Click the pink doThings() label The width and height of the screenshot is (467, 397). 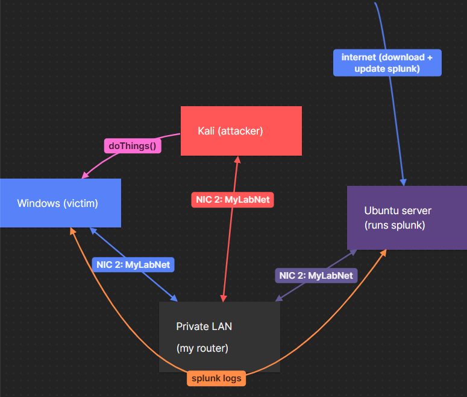coord(133,145)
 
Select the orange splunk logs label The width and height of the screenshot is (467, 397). coord(217,379)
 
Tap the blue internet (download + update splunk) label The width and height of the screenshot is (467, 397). coord(387,63)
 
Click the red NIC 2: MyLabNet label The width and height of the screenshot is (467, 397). coord(233,200)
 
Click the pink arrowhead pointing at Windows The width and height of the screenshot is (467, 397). coord(84,176)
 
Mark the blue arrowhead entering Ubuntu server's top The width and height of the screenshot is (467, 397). coord(403,182)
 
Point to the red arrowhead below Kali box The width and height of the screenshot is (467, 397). coord(237,160)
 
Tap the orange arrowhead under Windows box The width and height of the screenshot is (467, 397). coord(72,232)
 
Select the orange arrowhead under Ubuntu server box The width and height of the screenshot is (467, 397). coord(384,254)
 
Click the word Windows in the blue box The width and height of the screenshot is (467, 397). coord(39,203)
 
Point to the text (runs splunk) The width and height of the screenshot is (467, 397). coord(395,226)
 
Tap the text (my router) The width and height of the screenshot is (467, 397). coord(202,349)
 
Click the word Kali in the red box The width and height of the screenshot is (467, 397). coord(207,131)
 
